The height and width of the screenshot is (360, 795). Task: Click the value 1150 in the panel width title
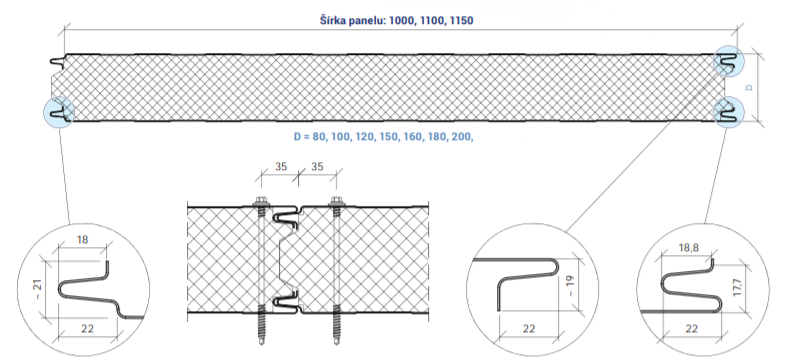click(461, 21)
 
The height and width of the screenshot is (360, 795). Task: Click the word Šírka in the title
click(333, 21)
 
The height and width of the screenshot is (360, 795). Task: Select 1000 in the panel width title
click(402, 21)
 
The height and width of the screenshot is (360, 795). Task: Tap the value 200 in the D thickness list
click(462, 136)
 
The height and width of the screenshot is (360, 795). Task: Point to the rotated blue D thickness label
click(749, 87)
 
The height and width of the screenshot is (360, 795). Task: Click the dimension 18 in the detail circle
click(82, 239)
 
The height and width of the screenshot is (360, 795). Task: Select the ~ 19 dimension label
click(571, 285)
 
